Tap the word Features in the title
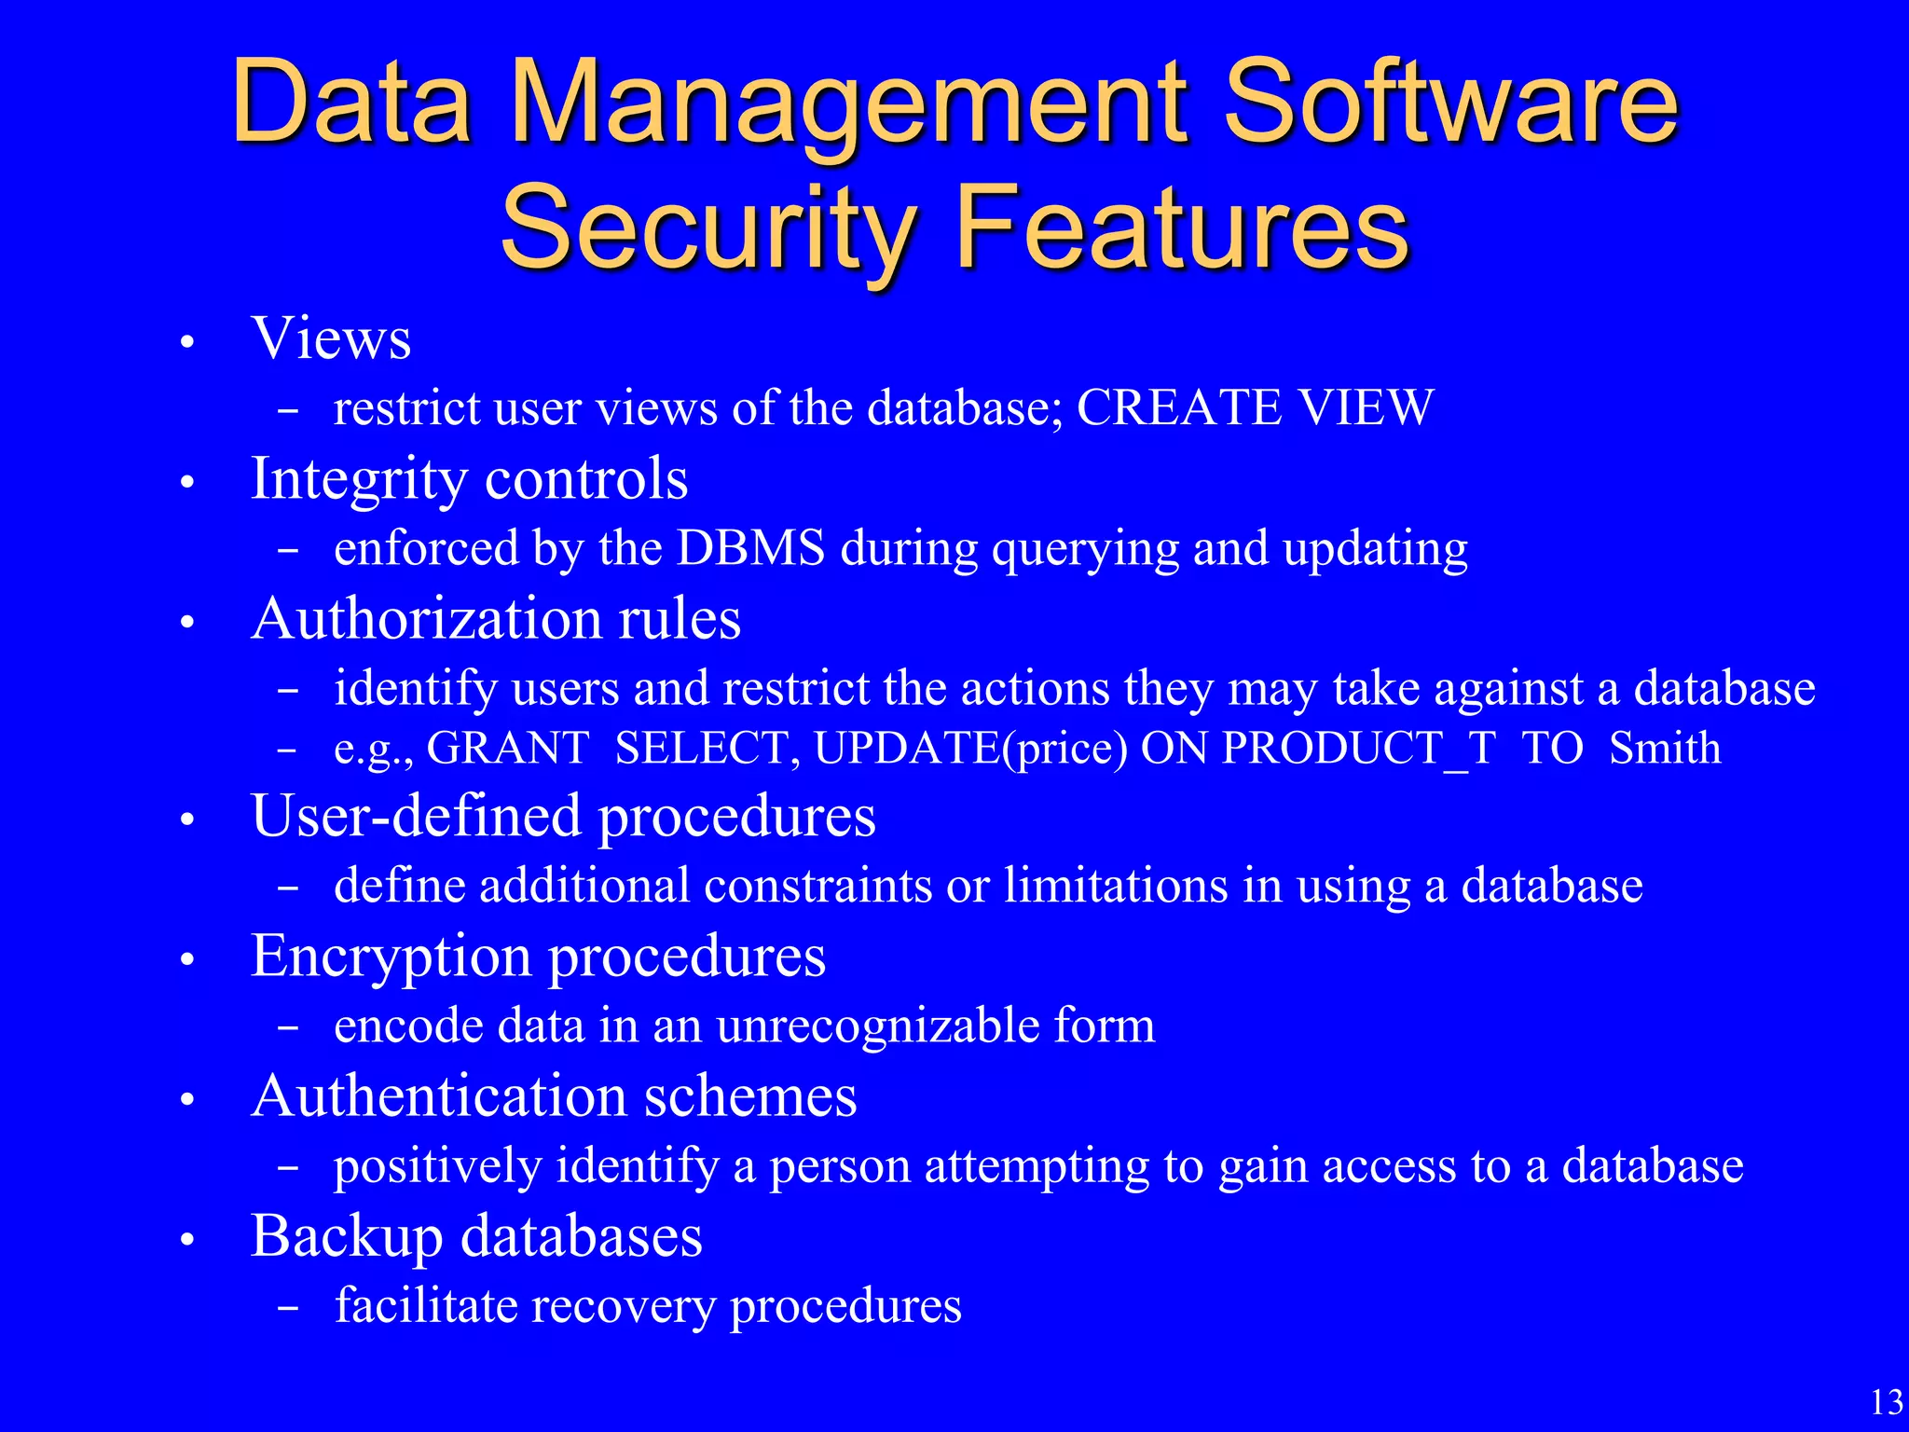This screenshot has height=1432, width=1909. point(1182,227)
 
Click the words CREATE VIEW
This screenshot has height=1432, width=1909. point(1255,407)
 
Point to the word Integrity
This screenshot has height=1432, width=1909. point(360,479)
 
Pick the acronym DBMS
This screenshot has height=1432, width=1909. point(750,548)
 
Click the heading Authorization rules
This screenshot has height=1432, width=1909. point(496,619)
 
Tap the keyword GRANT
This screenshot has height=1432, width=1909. point(508,748)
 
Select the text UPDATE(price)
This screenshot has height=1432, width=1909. point(970,748)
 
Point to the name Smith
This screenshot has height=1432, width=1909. point(1665,748)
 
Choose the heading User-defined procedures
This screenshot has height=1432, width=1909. point(563,817)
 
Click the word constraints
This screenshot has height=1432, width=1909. point(817,886)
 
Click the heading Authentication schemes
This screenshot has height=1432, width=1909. point(554,1096)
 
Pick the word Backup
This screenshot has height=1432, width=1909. point(347,1237)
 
